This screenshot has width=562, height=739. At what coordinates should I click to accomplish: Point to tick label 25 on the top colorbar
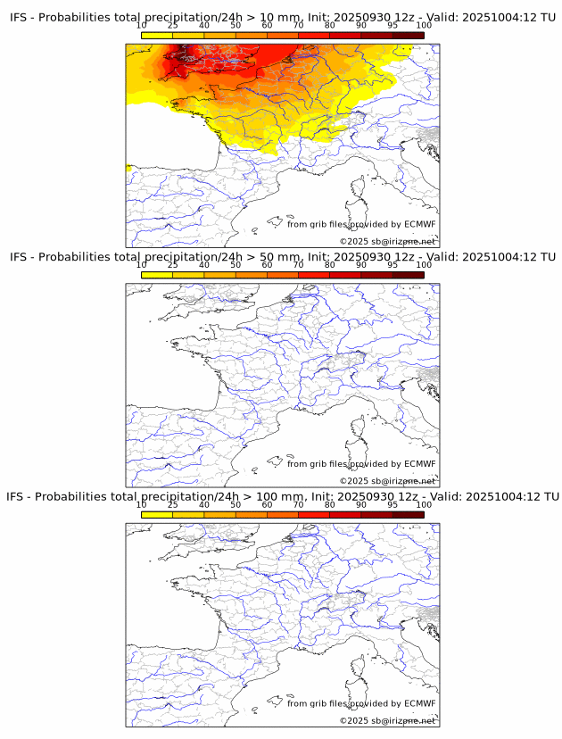pos(173,26)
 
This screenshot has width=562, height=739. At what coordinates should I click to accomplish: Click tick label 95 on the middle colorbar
pos(393,265)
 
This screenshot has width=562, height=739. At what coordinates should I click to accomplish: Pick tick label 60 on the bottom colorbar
pos(267,504)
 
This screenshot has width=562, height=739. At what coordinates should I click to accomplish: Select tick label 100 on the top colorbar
pos(424,26)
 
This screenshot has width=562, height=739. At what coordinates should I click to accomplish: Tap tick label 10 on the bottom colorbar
pos(142,504)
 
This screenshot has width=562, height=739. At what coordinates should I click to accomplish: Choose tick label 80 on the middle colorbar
pos(330,265)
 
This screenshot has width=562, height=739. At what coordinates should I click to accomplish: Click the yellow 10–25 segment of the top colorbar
pos(157,36)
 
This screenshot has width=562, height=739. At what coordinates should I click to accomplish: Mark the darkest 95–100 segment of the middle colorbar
pos(409,275)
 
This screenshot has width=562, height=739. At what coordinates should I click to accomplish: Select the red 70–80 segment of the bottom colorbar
pos(314,514)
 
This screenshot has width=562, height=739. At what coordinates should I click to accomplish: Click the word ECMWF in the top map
pos(419,224)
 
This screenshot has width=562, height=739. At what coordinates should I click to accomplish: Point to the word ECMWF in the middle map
pos(419,463)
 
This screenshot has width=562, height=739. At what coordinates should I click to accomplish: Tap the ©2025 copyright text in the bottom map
pos(387,720)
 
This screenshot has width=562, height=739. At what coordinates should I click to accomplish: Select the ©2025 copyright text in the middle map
pos(387,481)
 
